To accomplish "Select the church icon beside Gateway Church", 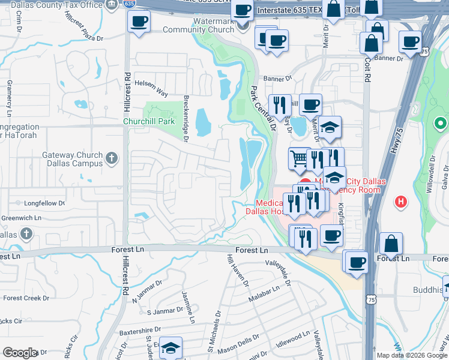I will (x=111, y=159).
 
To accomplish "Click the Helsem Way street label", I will (x=151, y=88).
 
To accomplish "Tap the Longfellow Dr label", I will (x=45, y=203).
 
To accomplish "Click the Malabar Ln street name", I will (x=264, y=292).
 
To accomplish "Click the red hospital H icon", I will (x=402, y=202).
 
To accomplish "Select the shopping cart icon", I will (x=298, y=158).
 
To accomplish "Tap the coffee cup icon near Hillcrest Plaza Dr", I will (x=139, y=22).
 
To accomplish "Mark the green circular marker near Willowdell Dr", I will (x=440, y=124).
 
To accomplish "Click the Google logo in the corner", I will (x=20, y=353).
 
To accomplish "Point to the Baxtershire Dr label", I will (x=140, y=329).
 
